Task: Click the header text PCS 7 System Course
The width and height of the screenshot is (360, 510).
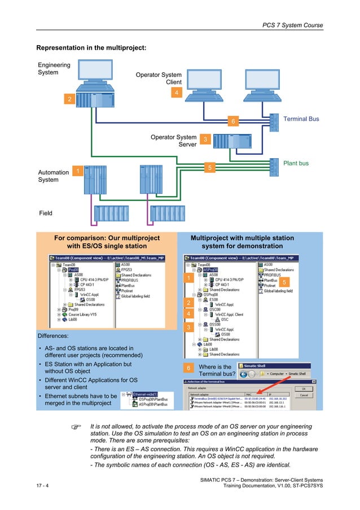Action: point(292,25)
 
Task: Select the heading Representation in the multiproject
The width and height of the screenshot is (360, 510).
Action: point(91,48)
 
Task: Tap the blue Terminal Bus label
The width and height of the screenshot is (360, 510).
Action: point(301,119)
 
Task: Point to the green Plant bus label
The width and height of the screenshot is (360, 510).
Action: point(295,163)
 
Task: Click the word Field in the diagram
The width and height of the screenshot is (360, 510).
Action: point(45,213)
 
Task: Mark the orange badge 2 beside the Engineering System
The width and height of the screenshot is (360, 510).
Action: point(69,99)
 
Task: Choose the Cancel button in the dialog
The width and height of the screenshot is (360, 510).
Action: point(304,395)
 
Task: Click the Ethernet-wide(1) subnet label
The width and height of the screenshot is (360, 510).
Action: point(146,394)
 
